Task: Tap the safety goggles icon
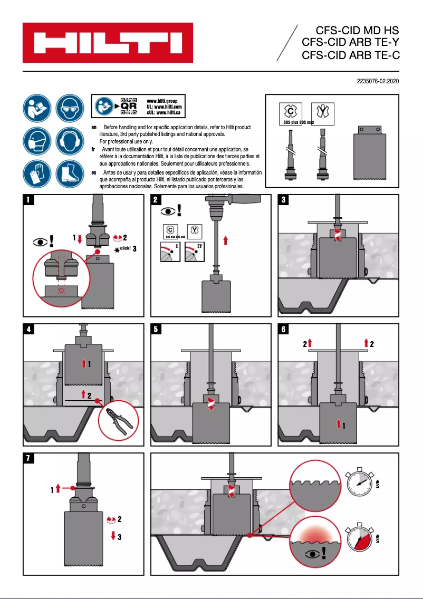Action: coord(69,108)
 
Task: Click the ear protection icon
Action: coord(69,141)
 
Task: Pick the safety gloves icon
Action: coord(36,174)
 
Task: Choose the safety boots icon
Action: coord(69,174)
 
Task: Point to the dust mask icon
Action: coord(36,141)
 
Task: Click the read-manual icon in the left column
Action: coord(36,108)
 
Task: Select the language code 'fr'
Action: coord(94,150)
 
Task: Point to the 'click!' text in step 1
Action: coord(125,248)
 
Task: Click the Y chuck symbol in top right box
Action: coord(321,112)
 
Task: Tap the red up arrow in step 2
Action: coord(226,240)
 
